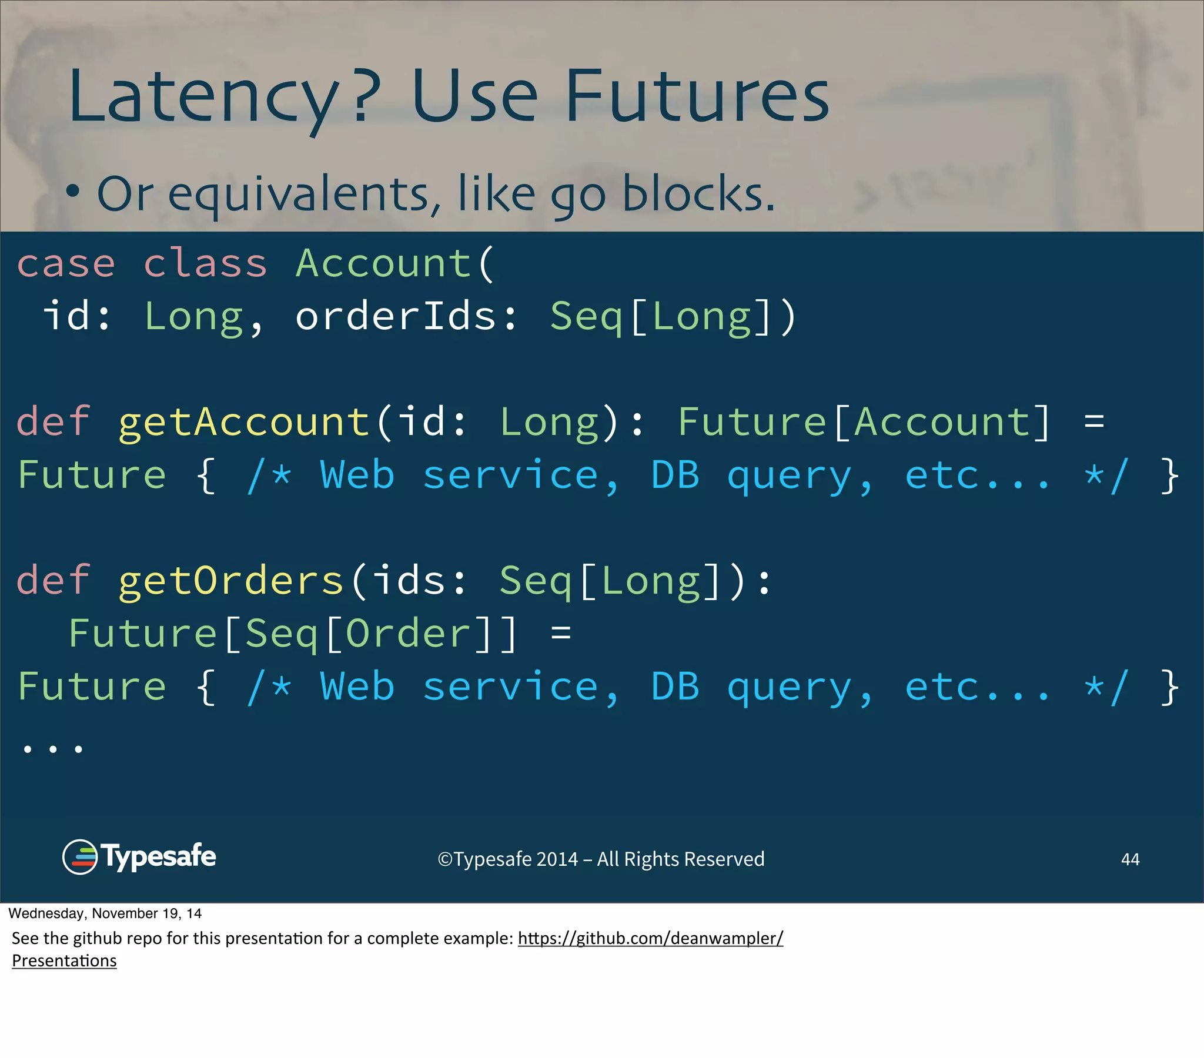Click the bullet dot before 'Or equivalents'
(72, 191)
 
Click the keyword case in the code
(66, 263)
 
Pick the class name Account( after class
(394, 263)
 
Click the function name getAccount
(244, 423)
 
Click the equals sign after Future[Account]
(1094, 423)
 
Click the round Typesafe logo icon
(79, 857)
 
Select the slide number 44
(1130, 859)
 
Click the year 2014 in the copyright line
(557, 859)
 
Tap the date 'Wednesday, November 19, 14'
(105, 913)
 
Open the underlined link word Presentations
(64, 961)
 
